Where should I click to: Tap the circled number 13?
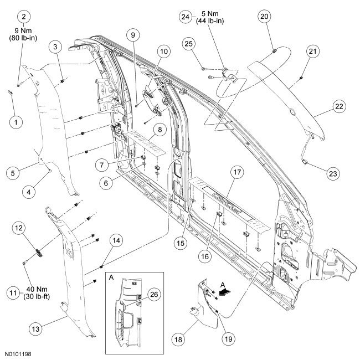click(x=35, y=329)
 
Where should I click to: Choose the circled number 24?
click(x=186, y=17)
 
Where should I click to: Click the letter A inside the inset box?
click(x=112, y=277)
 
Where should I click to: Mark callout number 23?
click(x=332, y=173)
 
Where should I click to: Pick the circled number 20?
click(x=265, y=17)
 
